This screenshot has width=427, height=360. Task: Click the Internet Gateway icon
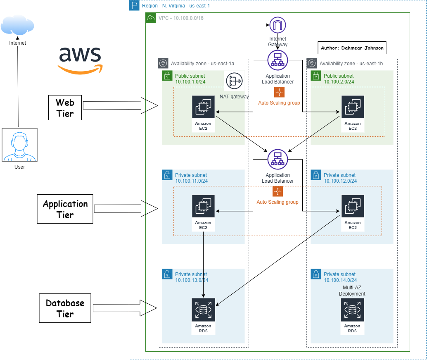(278, 26)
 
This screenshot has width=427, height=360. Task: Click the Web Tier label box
(65, 108)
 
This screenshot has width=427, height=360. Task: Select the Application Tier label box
(65, 209)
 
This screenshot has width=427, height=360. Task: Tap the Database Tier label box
(65, 308)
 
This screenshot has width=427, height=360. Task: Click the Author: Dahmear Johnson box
(352, 48)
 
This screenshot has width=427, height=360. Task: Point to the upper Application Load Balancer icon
(278, 60)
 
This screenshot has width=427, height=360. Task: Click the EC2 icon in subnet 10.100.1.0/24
(203, 107)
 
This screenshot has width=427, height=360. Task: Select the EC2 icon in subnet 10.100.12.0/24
(352, 206)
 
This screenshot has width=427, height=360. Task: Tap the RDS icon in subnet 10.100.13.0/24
(203, 309)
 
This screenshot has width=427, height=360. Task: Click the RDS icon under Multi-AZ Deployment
(352, 309)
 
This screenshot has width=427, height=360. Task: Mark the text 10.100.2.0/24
(339, 82)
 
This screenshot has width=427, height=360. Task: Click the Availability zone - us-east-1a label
(202, 63)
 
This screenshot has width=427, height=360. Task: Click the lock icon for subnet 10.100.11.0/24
(167, 175)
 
